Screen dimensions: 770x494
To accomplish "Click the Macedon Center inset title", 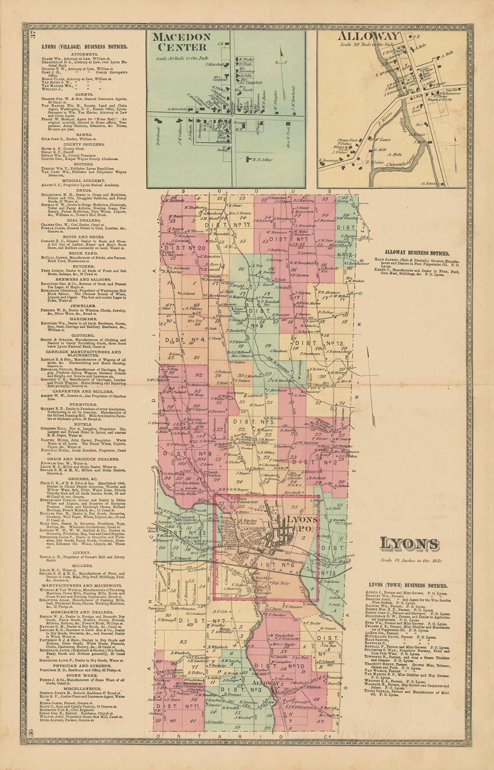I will tap(182, 42).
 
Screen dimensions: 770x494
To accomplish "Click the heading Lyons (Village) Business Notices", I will tap(84, 47).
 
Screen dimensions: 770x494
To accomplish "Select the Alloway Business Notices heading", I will tap(417, 253).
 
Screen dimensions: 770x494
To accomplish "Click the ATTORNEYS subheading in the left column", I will tap(84, 54).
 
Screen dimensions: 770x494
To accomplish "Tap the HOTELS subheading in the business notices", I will tap(83, 424).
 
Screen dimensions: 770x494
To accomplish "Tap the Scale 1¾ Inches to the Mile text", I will tap(411, 561).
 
